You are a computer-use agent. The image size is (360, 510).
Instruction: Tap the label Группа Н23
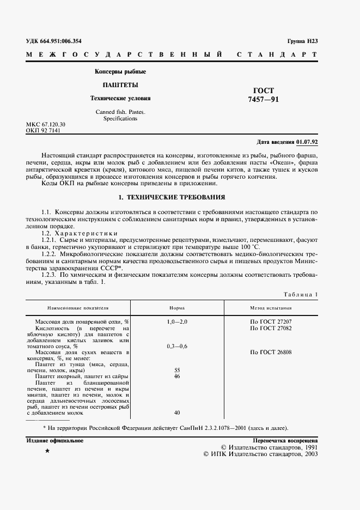[x=302, y=41]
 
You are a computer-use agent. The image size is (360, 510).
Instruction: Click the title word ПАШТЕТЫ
[x=120, y=85]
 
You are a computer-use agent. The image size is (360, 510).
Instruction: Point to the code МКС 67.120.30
[x=46, y=125]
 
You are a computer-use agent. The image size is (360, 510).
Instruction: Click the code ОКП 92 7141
[x=43, y=131]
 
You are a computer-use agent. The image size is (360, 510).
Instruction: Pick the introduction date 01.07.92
[x=307, y=142]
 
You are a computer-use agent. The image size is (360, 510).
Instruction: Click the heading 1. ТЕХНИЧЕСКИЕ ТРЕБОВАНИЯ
[x=172, y=197]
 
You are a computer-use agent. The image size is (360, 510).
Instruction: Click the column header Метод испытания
[x=270, y=308]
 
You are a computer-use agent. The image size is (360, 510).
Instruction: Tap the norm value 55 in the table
[x=176, y=370]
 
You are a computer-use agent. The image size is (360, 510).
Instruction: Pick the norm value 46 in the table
[x=176, y=377]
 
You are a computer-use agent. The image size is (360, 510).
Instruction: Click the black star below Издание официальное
[x=47, y=452]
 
